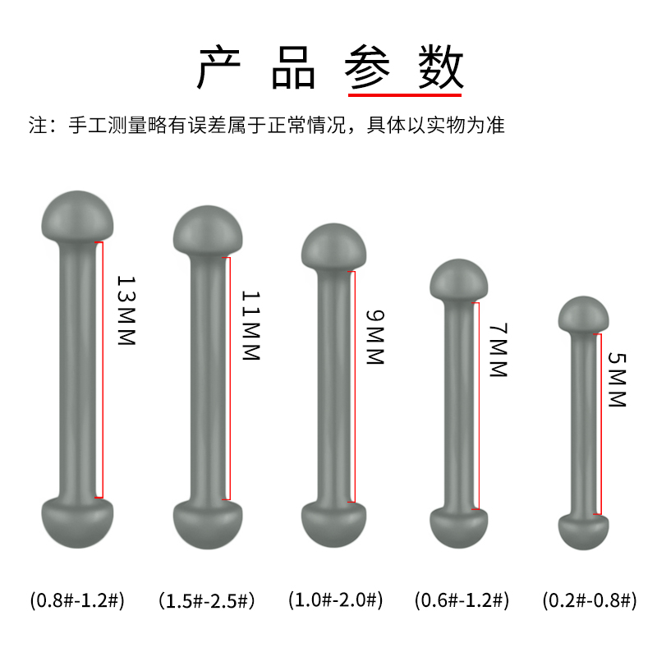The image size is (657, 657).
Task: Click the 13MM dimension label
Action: [x=125, y=310]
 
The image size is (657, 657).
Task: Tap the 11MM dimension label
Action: [x=251, y=326]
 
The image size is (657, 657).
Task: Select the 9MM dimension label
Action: [x=374, y=337]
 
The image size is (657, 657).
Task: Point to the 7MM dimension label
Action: [x=498, y=351]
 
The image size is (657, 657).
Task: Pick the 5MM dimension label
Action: [x=617, y=380]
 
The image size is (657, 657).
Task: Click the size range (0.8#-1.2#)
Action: [x=77, y=600]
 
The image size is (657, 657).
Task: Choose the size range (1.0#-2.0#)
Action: [x=335, y=600]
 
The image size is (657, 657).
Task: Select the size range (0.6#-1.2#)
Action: [x=462, y=600]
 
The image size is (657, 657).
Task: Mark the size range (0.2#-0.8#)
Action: [x=589, y=600]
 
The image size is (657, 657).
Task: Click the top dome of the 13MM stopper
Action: [x=77, y=213]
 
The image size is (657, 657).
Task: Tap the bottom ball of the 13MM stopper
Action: [x=77, y=522]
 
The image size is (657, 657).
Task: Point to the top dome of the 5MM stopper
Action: [x=583, y=313]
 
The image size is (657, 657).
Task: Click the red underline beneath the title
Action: [x=406, y=94]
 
